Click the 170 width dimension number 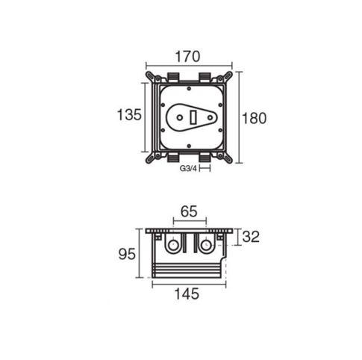[188, 57]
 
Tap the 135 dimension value [129, 115]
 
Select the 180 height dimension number [254, 118]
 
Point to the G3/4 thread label [188, 169]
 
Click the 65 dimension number [189, 211]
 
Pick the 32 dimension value [251, 237]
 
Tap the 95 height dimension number [127, 254]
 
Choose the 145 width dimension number [187, 294]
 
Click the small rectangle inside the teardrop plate [193, 117]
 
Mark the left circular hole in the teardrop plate [179, 117]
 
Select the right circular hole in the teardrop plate [210, 117]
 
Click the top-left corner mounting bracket [152, 77]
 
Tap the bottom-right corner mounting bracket [225, 158]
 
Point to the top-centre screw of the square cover [189, 88]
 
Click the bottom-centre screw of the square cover [189, 146]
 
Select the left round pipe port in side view [172, 245]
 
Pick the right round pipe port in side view [206, 245]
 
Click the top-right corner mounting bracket [225, 77]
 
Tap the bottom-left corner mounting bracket [152, 158]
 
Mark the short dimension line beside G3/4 [205, 168]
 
